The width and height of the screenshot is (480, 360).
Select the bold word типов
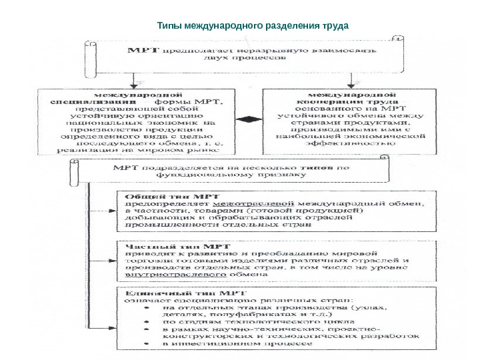coord(320,169)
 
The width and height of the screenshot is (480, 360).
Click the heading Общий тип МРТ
coord(157,196)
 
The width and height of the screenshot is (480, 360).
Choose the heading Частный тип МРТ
coord(161,245)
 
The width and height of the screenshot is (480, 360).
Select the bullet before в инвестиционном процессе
coord(147,346)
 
